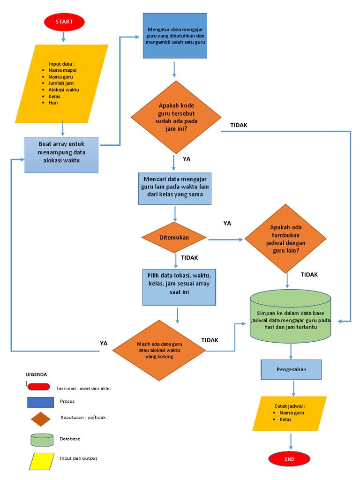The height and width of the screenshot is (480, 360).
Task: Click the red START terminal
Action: point(64,22)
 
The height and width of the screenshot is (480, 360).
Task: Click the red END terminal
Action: point(289,459)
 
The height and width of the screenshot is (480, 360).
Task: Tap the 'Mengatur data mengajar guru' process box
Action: point(175,36)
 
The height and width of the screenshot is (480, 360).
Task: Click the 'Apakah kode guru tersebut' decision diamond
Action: point(175,117)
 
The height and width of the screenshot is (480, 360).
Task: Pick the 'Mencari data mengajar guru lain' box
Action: point(175,188)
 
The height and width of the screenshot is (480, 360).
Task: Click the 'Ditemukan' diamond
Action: point(174,238)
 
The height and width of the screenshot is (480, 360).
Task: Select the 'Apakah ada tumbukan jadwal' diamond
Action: point(285,238)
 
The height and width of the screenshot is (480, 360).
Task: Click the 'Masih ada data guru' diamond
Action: point(159,350)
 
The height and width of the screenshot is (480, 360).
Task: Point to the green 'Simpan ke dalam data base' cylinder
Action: point(291,317)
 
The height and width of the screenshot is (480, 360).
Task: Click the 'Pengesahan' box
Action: point(291,369)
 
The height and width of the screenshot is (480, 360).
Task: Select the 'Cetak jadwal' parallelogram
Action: point(290,413)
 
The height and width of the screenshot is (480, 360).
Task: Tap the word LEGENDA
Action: point(36,375)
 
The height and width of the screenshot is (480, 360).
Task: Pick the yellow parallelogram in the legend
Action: point(42,461)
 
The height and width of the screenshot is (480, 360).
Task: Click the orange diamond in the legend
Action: point(41,419)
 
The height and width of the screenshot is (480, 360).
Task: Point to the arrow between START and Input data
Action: point(64,37)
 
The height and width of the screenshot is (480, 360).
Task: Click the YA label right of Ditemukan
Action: point(227,224)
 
